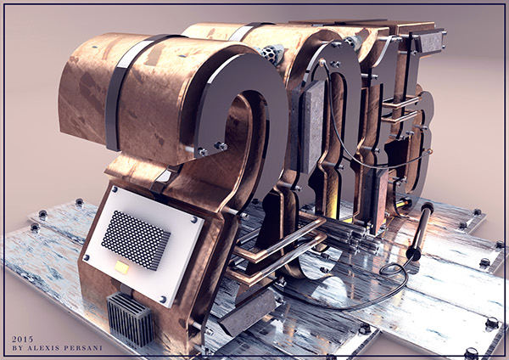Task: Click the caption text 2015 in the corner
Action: point(22,340)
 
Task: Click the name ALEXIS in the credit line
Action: point(43,348)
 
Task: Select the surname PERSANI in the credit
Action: point(82,348)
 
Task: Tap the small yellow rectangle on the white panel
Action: point(121,267)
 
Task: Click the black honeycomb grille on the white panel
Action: point(136,239)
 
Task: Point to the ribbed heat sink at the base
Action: point(130,320)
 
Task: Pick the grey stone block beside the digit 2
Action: point(309,127)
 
